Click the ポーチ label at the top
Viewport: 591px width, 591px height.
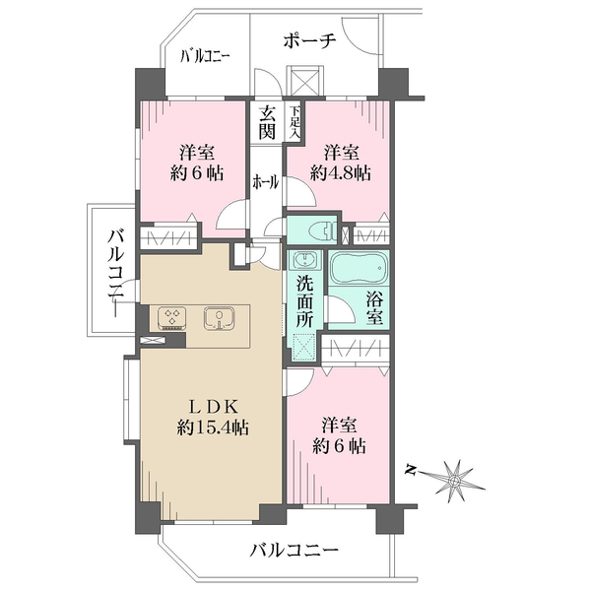pyautogui.click(x=310, y=40)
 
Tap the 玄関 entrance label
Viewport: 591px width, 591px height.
pyautogui.click(x=268, y=123)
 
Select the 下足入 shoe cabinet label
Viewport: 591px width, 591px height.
pyautogui.click(x=294, y=121)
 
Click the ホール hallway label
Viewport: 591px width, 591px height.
pyautogui.click(x=265, y=181)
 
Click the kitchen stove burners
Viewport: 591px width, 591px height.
pyautogui.click(x=172, y=317)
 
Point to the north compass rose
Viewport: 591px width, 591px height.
pyautogui.click(x=456, y=478)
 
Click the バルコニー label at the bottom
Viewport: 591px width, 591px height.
pyautogui.click(x=294, y=549)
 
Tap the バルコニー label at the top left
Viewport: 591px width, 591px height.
pyautogui.click(x=205, y=57)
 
